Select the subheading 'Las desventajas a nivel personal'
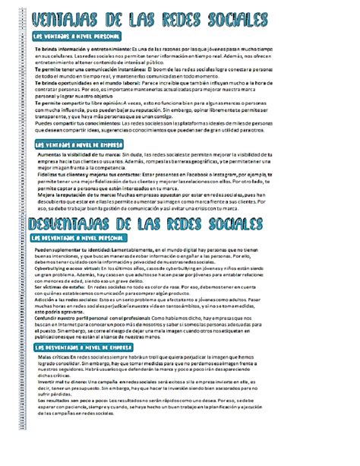[x=80, y=238]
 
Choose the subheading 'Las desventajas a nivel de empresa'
[x=84, y=346]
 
